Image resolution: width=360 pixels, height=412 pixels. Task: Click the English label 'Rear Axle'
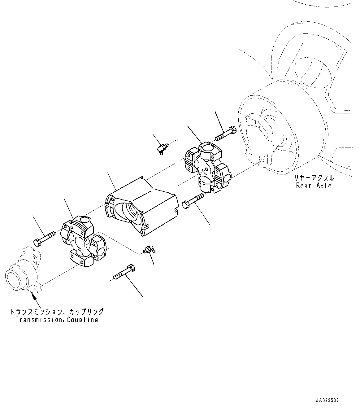click(314, 186)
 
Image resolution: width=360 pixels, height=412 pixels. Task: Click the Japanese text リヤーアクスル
click(314, 178)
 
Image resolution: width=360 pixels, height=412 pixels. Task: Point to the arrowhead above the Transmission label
click(33, 295)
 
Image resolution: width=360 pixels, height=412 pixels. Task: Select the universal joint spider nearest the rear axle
click(206, 167)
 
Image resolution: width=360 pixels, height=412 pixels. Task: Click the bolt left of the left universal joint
click(43, 238)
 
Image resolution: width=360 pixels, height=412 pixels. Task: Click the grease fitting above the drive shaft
click(162, 148)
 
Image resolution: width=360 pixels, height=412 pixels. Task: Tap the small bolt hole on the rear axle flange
click(263, 160)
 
